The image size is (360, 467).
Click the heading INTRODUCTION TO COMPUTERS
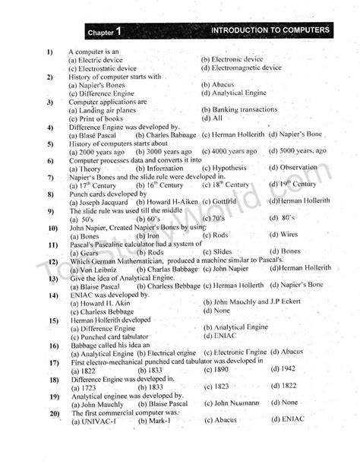tap(270, 30)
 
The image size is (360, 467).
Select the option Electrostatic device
tap(102, 68)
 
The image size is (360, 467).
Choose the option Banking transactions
tap(240, 109)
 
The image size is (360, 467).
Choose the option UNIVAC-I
tap(97, 421)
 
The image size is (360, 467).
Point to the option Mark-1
tap(155, 421)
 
